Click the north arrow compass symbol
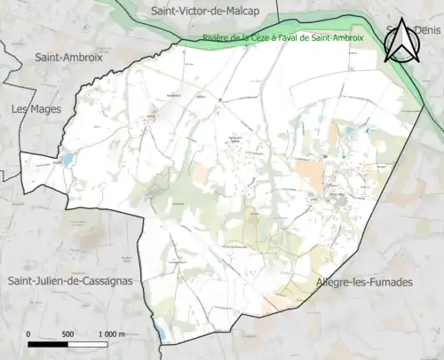coord(401,42)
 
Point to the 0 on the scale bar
coord(28,333)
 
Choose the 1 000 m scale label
coord(112,333)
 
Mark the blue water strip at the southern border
coord(160,333)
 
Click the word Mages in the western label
coord(39,109)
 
